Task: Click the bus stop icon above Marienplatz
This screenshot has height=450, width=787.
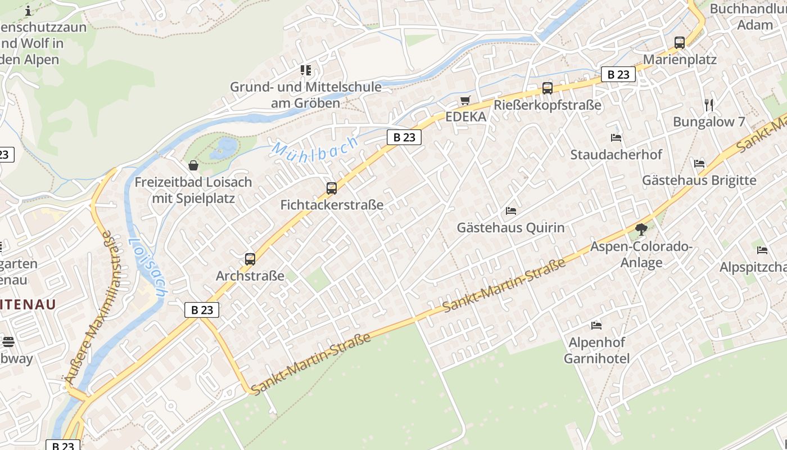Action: (679, 42)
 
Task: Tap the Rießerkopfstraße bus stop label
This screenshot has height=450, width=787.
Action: (548, 105)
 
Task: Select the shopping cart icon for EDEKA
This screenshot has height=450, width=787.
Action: (465, 101)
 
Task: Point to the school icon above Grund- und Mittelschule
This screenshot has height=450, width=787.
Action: (305, 70)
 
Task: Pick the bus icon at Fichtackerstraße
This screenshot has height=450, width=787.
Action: (332, 188)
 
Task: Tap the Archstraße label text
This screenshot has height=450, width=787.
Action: (250, 276)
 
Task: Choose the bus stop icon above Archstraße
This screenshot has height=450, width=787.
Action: (250, 259)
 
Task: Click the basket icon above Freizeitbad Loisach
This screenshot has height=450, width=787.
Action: (193, 165)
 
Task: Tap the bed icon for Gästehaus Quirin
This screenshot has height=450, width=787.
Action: (510, 211)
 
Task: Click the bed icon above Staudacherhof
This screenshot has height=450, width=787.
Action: (616, 137)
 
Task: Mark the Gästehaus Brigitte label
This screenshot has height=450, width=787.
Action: (699, 181)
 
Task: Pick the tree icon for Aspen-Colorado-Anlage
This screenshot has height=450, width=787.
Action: (641, 229)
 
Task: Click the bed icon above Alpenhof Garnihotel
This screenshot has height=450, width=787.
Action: (596, 325)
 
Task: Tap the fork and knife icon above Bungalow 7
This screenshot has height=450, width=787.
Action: (709, 105)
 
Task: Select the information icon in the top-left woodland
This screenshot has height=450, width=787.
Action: (28, 11)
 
